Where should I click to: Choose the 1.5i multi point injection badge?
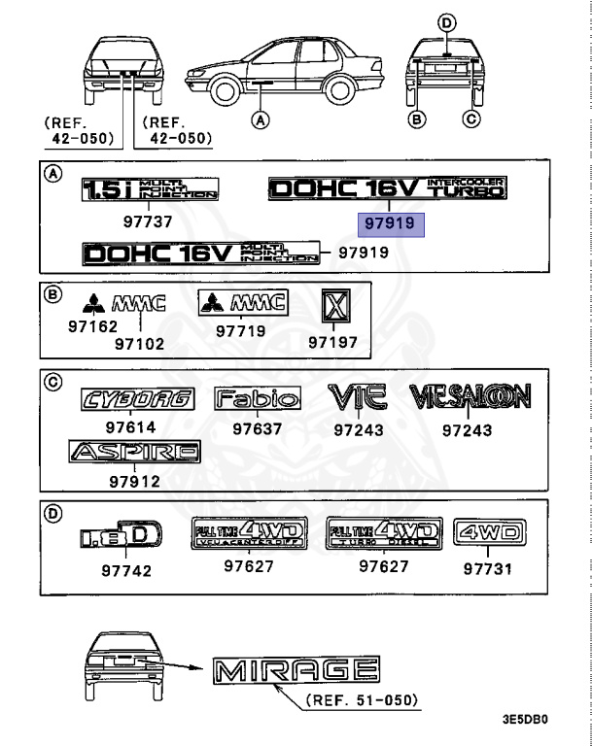150,188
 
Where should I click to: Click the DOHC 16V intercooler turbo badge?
387,188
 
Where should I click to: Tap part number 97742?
126,570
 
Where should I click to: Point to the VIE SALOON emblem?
470,395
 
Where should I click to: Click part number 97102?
139,343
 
